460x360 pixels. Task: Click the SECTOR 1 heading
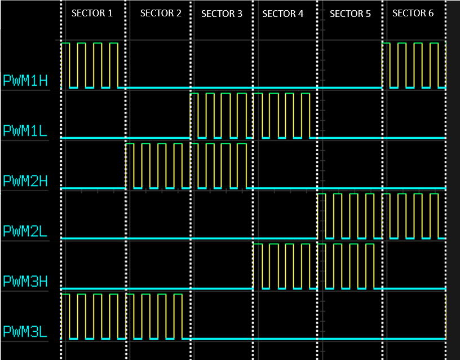(92, 13)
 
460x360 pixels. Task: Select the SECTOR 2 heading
(161, 13)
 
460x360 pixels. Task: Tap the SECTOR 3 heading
(222, 14)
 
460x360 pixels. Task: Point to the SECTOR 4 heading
(283, 14)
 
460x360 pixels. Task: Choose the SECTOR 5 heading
(350, 14)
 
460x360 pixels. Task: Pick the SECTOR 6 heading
(413, 13)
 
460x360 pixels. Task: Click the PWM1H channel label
(25, 80)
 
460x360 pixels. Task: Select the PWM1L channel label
(25, 131)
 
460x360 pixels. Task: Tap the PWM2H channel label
(25, 181)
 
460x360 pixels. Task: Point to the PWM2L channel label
(25, 231)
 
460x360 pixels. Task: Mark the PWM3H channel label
(25, 281)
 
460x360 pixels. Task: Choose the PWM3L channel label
(25, 331)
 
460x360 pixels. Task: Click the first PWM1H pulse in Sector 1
(65, 65)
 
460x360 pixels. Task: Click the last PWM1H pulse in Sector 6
(434, 65)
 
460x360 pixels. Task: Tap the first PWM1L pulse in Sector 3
(194, 115)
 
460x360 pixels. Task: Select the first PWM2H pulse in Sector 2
(130, 165)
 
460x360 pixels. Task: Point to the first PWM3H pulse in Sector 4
(258, 266)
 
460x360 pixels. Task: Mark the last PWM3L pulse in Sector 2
(178, 316)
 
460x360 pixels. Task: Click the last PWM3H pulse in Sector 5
(370, 266)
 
